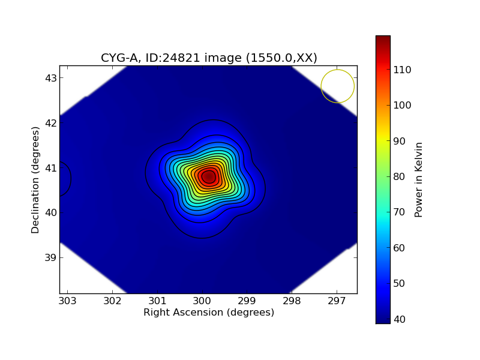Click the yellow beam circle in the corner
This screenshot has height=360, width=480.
click(337, 86)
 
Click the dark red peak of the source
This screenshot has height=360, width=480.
click(208, 176)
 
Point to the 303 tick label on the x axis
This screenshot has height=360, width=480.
click(67, 301)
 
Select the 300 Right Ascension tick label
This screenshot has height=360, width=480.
click(202, 301)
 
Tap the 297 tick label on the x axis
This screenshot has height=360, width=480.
click(337, 301)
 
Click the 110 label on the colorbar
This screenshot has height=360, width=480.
click(401, 70)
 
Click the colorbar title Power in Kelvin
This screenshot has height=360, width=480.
click(419, 179)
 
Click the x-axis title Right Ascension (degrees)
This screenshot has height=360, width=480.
click(208, 312)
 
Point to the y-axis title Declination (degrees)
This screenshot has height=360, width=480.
click(35, 179)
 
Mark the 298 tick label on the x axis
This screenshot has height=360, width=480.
click(292, 301)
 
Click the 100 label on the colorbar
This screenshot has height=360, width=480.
click(401, 105)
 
